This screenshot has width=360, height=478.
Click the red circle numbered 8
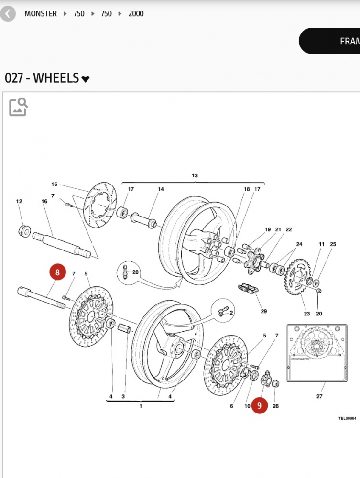(57, 273)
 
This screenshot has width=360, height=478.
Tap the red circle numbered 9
(259, 406)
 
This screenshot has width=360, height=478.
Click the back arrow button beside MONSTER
(8, 14)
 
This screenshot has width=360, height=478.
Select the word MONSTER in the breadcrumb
(41, 14)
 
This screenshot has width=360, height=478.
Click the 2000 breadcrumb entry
(136, 14)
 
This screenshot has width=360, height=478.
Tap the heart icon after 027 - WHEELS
(86, 79)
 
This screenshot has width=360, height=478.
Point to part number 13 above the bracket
(195, 176)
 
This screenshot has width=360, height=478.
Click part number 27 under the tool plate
(319, 396)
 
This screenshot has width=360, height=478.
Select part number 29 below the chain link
(264, 312)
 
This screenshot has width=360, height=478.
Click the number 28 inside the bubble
(136, 272)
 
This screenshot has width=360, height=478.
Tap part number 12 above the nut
(19, 202)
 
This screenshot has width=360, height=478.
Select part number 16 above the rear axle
(44, 202)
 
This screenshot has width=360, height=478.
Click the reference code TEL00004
(347, 418)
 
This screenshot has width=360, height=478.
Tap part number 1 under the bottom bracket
(141, 406)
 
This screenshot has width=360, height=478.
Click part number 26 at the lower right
(275, 406)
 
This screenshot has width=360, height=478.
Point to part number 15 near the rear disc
(54, 185)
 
